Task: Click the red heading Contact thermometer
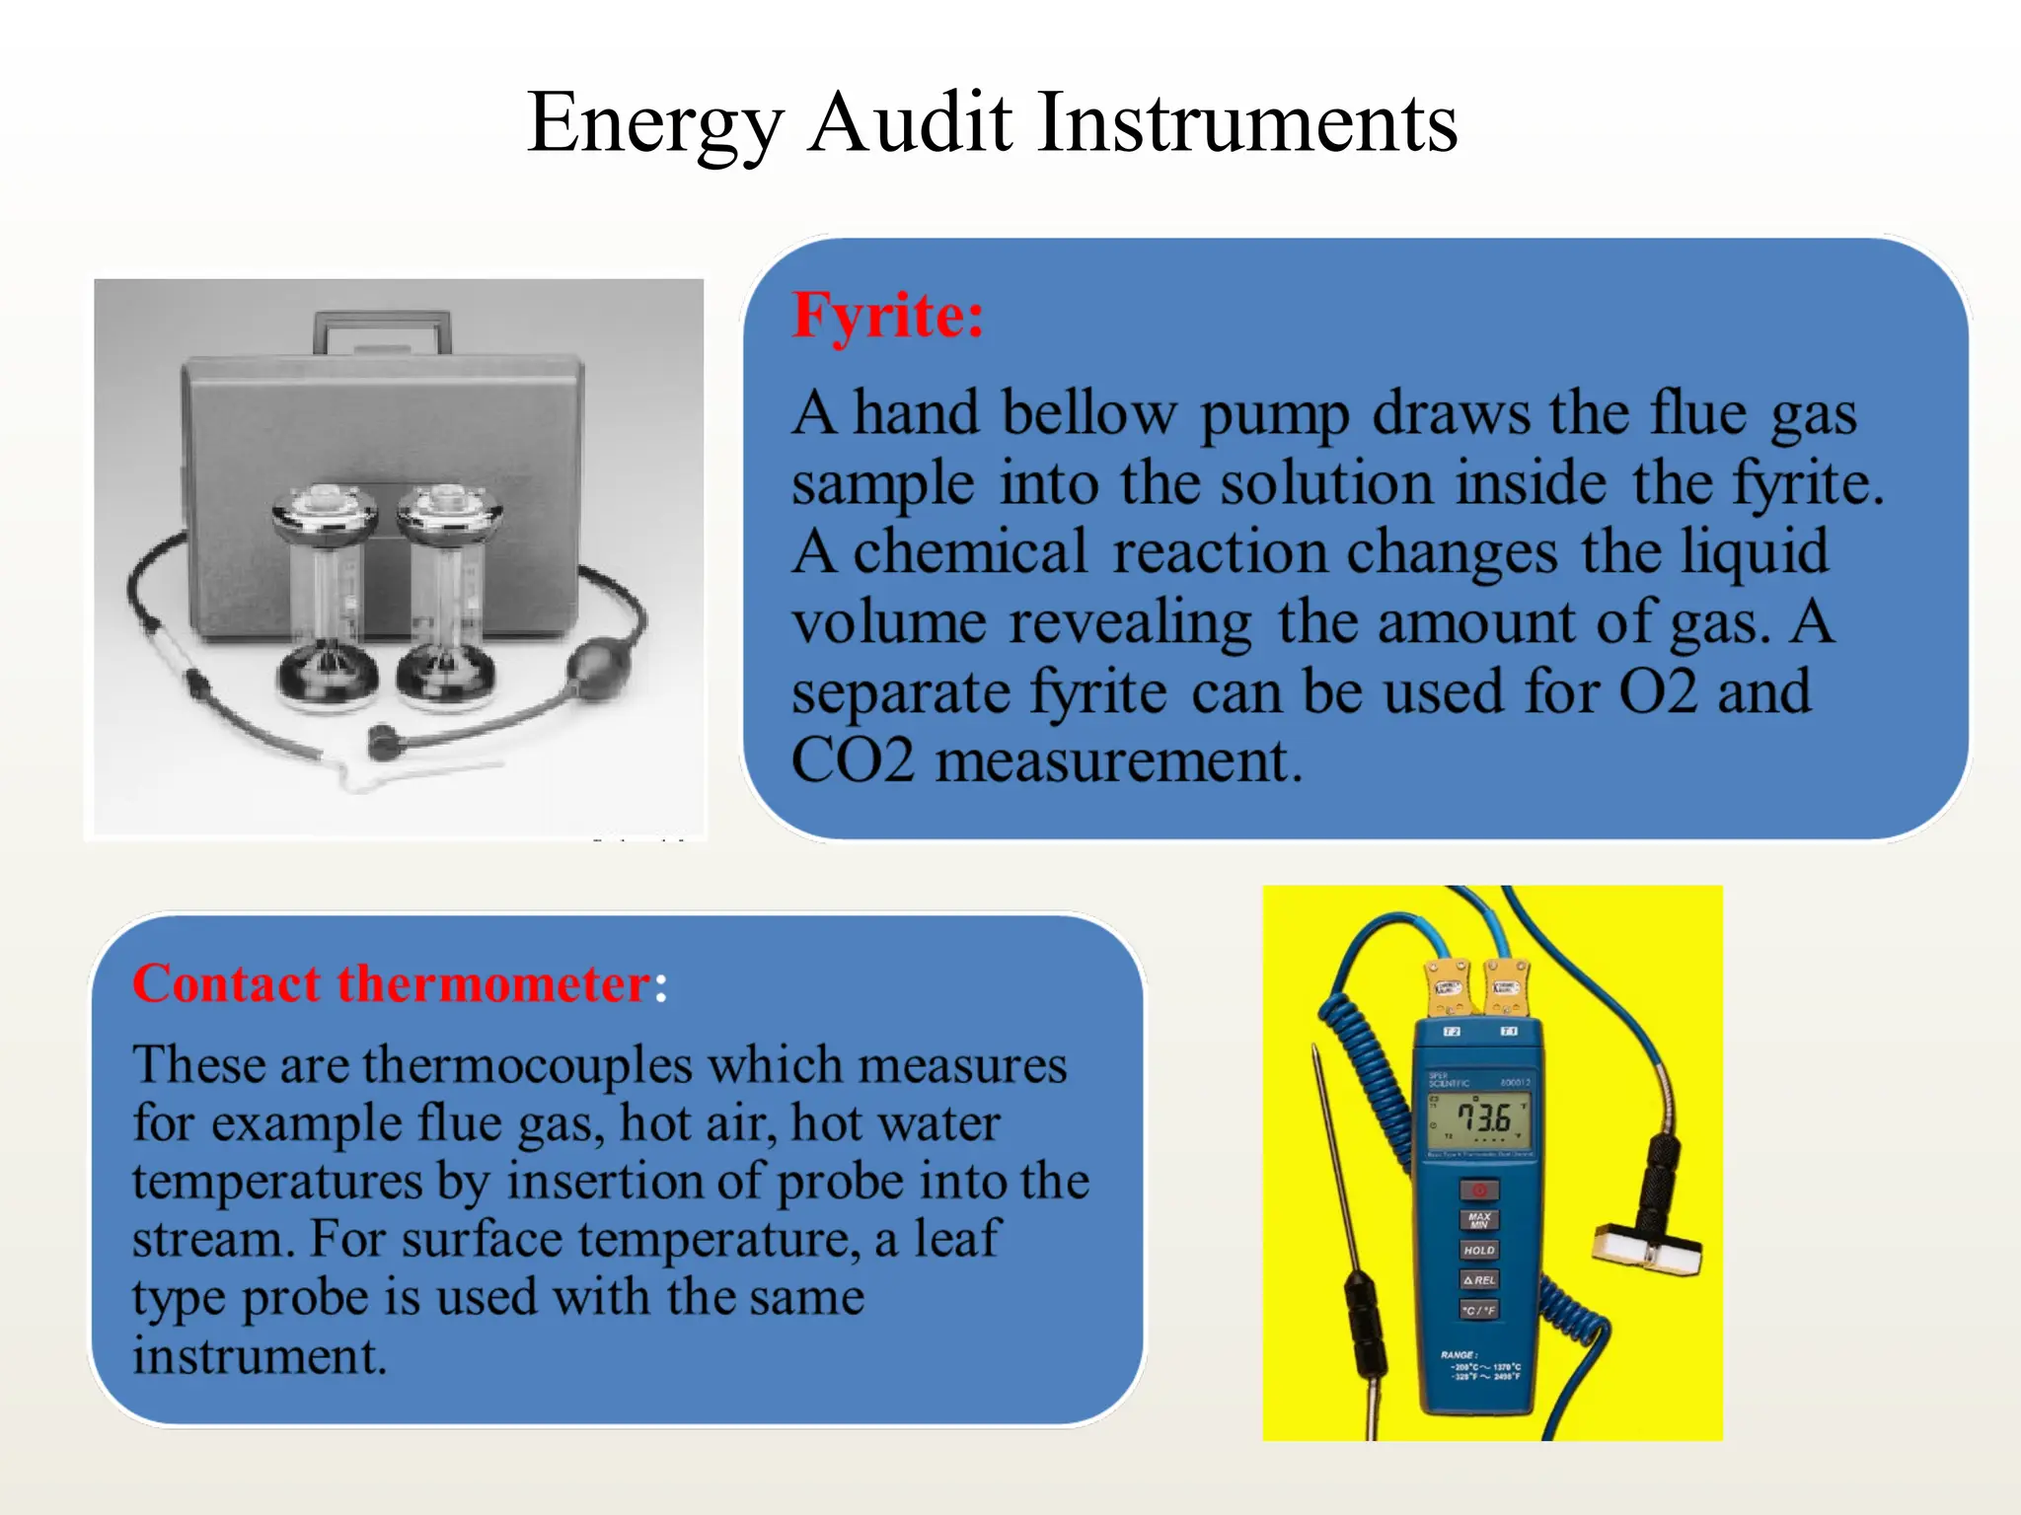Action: point(392,984)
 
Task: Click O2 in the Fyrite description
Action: point(1658,691)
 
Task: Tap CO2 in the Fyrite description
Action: point(853,761)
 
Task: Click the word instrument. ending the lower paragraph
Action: point(260,1356)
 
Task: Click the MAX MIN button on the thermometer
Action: point(1479,1220)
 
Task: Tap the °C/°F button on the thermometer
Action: point(1479,1311)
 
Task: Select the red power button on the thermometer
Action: point(1479,1190)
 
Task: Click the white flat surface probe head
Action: point(1648,1248)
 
